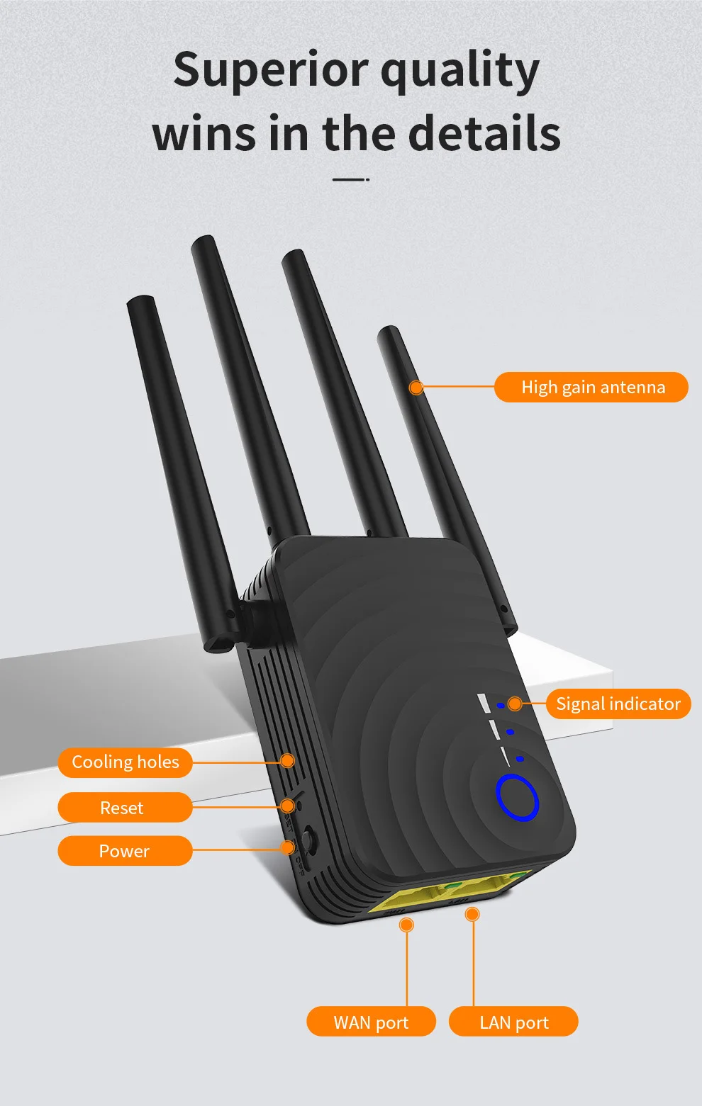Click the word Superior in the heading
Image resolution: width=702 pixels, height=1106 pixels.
coord(271,70)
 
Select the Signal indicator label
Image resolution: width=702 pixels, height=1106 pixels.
coord(618,704)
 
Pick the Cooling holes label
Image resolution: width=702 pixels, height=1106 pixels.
coord(126,762)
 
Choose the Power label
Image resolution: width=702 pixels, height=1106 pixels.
coord(125,851)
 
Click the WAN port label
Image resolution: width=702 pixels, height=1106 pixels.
coord(371,1022)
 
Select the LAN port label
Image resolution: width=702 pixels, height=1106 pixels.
coord(513,1022)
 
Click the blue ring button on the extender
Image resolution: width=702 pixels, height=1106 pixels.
coord(518,798)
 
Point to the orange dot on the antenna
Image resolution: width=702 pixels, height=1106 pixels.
coord(416,388)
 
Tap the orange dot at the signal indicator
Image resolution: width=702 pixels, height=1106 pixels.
coord(515,704)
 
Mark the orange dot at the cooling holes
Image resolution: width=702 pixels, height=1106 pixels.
coord(287,760)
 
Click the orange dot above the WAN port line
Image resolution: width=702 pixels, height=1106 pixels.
coord(406,925)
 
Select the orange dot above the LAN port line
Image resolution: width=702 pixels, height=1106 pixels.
coord(472,915)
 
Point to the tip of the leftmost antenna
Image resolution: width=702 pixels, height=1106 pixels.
coord(140,301)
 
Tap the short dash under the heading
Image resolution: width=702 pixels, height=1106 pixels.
coord(350,180)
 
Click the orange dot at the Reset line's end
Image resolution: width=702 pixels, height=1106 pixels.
coord(287,806)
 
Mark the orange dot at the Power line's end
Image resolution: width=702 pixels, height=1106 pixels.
coord(289,847)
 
